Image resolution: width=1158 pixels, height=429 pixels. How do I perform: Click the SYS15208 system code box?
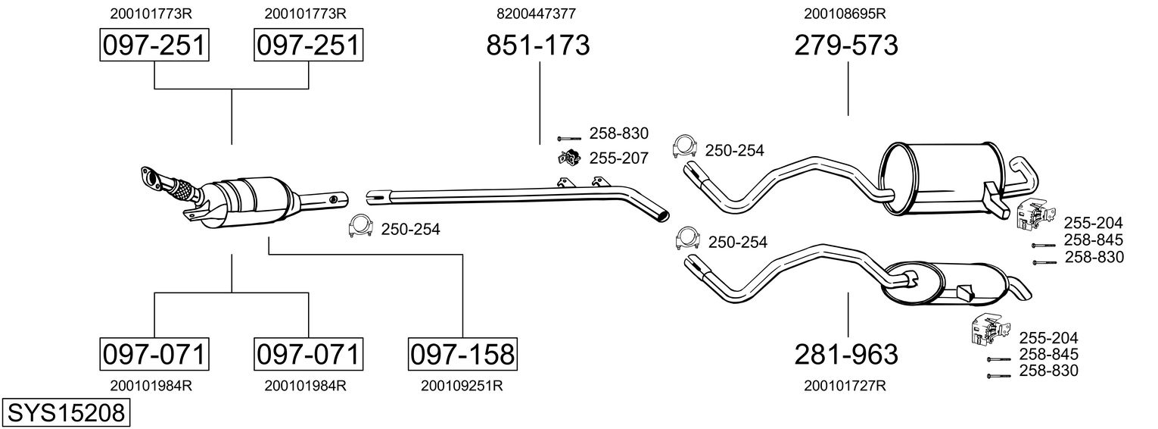[67, 413]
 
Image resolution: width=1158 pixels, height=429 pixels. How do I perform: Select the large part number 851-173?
[537, 45]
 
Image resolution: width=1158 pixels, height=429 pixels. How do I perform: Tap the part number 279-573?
[846, 45]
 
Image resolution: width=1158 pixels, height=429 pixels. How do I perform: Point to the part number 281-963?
[846, 354]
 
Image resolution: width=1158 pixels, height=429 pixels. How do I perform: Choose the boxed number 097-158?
[462, 354]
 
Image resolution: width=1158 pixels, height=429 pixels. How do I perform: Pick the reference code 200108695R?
[845, 13]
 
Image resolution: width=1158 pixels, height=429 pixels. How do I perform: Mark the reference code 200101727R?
[845, 385]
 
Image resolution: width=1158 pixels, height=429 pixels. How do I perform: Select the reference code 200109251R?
[462, 385]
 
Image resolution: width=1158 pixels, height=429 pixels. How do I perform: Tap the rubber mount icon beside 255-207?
[568, 158]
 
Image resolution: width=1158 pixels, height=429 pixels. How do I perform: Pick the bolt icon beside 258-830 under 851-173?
[568, 138]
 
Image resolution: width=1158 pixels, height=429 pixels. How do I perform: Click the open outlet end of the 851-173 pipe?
[664, 215]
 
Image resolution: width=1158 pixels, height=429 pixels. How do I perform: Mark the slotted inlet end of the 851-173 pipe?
[372, 199]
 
